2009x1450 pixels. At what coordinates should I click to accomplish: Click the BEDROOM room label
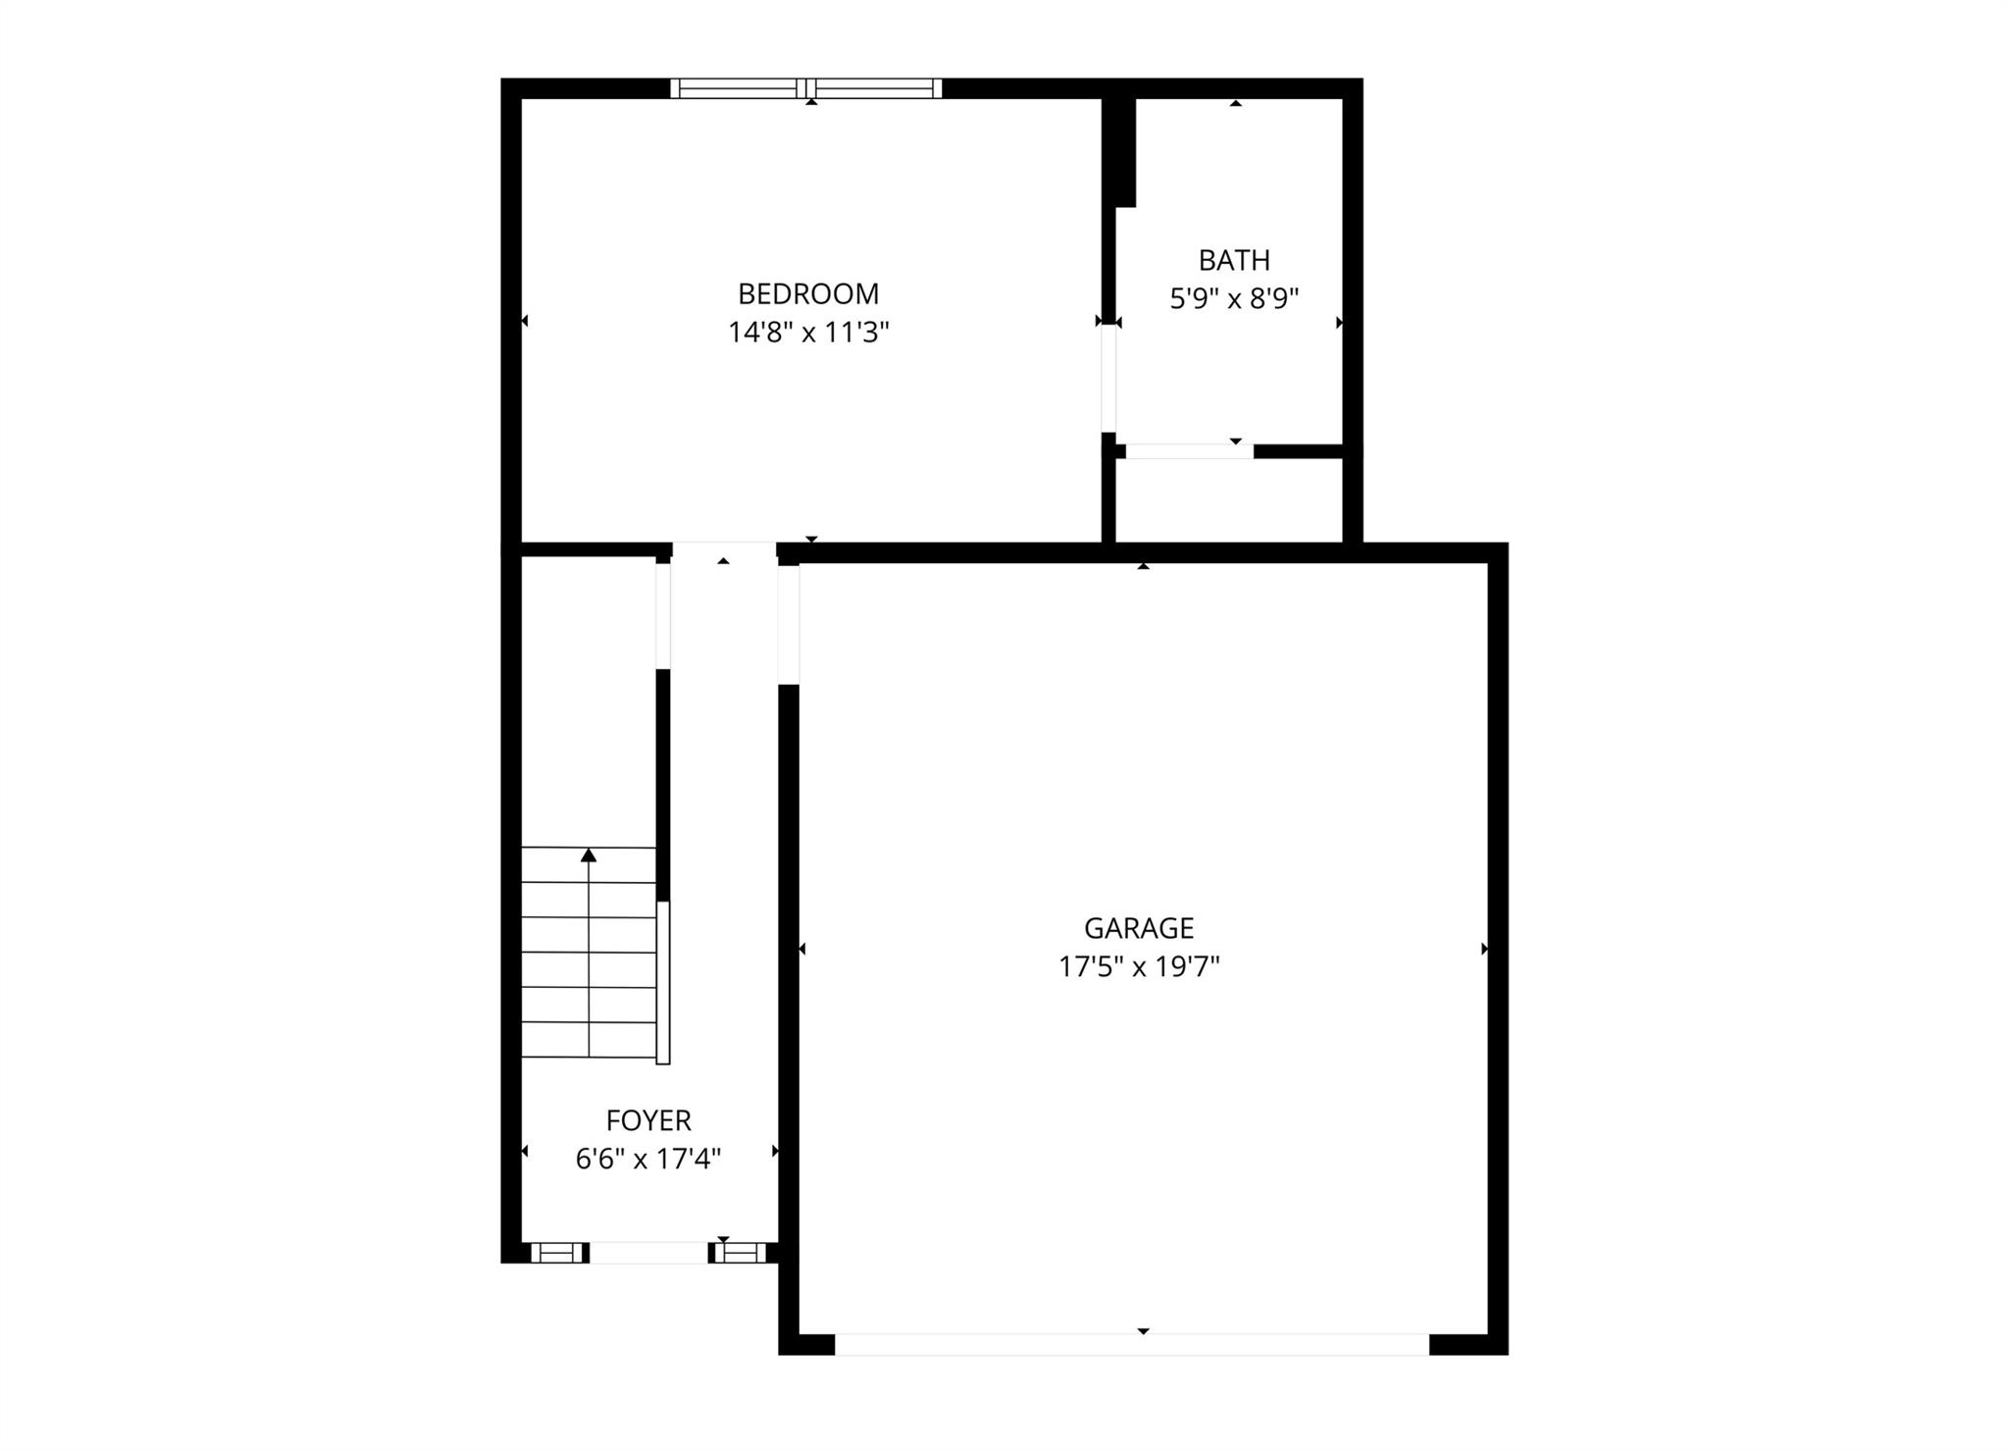click(808, 293)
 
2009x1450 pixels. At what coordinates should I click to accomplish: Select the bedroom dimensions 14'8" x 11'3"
click(808, 333)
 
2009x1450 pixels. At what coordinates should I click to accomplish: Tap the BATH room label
click(1234, 260)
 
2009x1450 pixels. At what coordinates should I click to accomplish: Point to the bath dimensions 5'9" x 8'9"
click(1234, 298)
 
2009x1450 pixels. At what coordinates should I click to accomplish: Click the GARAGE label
click(1139, 928)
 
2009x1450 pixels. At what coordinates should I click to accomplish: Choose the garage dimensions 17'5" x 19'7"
click(1139, 967)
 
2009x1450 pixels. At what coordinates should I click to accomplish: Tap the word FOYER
click(648, 1120)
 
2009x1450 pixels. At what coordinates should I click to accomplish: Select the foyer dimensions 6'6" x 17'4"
click(648, 1160)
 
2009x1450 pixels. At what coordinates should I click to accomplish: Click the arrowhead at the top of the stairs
click(589, 855)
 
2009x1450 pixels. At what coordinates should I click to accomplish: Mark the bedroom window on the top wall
click(806, 88)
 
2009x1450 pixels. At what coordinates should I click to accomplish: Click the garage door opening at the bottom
click(1132, 1344)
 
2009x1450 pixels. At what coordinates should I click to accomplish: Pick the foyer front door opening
click(648, 1253)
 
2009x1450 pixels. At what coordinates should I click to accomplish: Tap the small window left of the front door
click(556, 1253)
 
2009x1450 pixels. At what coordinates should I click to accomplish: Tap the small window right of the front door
click(740, 1253)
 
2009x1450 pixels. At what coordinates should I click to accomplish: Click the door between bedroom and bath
click(1108, 379)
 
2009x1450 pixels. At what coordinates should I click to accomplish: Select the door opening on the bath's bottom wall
click(1189, 451)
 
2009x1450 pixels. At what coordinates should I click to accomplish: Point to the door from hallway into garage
click(789, 624)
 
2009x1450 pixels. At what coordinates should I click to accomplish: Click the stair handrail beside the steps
click(663, 982)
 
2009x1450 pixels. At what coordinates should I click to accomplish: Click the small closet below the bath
click(1229, 499)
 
